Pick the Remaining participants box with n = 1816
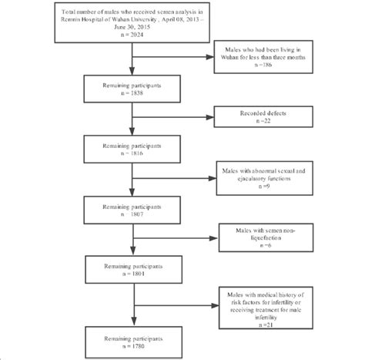tap(134, 148)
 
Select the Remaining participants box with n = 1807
tap(134, 211)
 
